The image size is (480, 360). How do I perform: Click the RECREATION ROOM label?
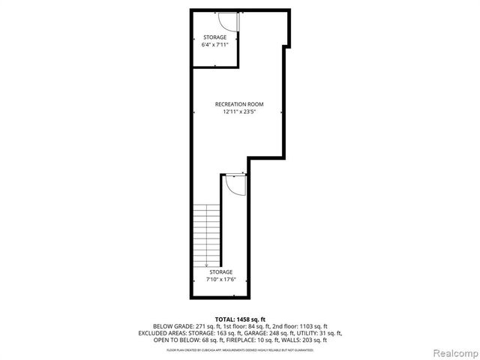239,104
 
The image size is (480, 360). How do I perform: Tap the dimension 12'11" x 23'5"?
239,112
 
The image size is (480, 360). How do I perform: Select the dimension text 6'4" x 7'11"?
214,44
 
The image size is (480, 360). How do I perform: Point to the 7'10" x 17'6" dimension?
220,280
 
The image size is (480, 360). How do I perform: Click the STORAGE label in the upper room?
214,37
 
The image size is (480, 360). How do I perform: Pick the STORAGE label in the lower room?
220,271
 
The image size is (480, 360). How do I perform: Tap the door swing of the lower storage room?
235,184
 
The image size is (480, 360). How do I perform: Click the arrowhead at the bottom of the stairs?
206,265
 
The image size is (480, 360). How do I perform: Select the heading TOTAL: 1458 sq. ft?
240,319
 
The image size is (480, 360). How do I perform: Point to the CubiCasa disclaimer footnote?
240,349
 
